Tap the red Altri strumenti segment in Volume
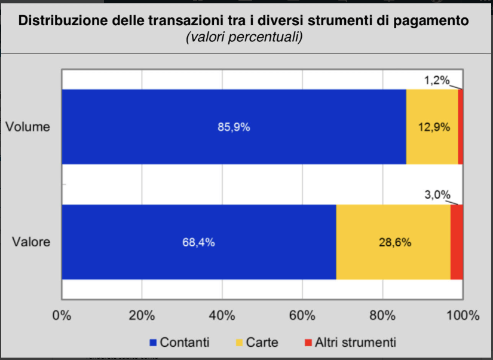(461, 127)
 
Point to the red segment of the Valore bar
(457, 242)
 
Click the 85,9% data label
(233, 127)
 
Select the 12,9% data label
(433, 127)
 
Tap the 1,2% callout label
(437, 80)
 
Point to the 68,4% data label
(198, 242)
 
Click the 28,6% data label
(394, 242)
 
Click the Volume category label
(27, 127)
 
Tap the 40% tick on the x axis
(222, 315)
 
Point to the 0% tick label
(62, 315)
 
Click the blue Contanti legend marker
(153, 343)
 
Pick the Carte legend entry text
(262, 343)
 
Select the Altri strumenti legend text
(356, 343)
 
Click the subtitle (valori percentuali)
(244, 37)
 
